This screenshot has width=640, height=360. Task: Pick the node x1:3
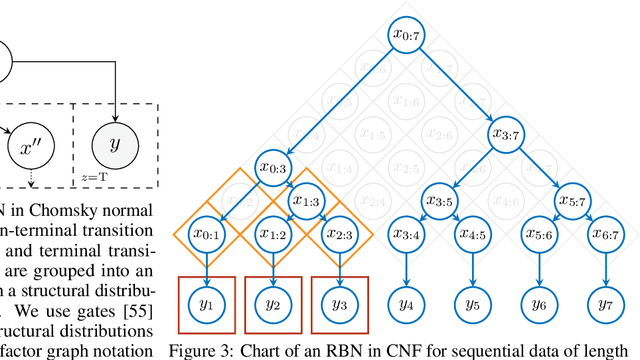[305, 200]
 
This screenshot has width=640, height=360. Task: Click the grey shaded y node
[115, 145]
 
